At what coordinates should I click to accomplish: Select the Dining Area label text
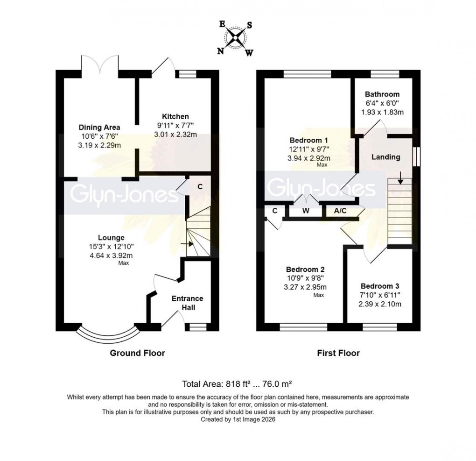click(x=99, y=127)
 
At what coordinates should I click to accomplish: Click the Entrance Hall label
click(x=187, y=303)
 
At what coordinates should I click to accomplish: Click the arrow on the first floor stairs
click(x=400, y=177)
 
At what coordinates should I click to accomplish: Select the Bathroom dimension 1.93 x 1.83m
click(x=382, y=112)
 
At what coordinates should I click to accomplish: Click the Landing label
click(x=385, y=157)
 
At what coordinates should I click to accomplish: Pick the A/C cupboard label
click(x=341, y=211)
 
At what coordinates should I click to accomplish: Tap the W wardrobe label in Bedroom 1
click(x=306, y=211)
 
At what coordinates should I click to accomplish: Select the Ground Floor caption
click(x=137, y=353)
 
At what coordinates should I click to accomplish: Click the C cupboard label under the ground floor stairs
click(x=200, y=186)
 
